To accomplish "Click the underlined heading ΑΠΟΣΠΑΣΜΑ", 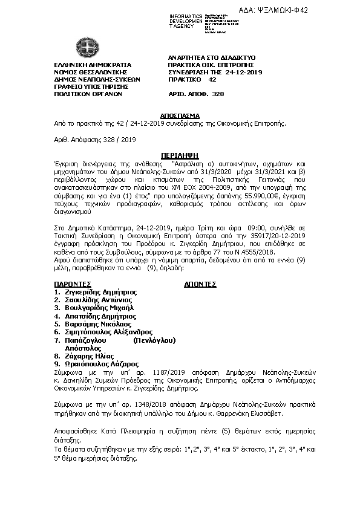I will click(181, 114).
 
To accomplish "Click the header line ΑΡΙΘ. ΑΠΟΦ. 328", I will click(196, 94).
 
